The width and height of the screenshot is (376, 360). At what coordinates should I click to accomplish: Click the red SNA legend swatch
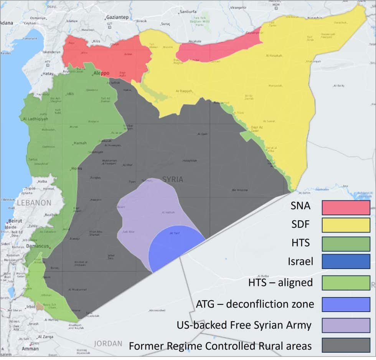(346, 208)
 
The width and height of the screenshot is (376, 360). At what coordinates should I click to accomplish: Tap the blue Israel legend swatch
(346, 262)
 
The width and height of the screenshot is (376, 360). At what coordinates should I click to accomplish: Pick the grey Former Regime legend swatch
(346, 345)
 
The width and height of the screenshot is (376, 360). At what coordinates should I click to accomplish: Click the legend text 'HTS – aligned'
(275, 283)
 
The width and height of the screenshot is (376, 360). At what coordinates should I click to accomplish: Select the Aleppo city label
(101, 73)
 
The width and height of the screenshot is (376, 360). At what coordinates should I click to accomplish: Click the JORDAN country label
(108, 343)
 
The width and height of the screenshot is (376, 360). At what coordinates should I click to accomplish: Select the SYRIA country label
(173, 179)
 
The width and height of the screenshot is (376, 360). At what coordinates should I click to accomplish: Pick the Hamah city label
(80, 143)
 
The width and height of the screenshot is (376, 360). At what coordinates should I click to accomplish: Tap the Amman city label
(30, 349)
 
